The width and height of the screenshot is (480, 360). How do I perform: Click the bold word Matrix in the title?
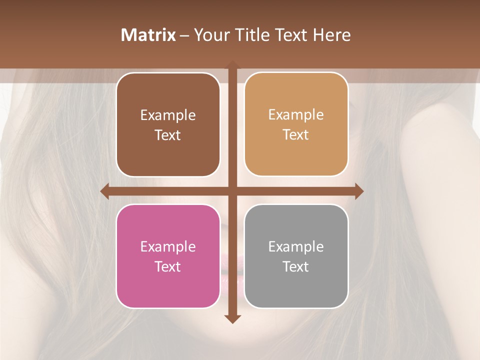(148, 35)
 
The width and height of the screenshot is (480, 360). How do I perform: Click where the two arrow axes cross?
(232, 191)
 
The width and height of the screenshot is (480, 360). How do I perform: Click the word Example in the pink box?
(168, 246)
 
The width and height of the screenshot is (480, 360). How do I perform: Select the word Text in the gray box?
(296, 266)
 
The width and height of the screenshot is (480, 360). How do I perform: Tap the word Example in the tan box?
(296, 115)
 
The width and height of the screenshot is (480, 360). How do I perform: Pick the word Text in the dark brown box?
(168, 135)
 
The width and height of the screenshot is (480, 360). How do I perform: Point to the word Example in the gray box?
(296, 246)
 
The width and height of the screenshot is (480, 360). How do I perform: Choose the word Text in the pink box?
(168, 266)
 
